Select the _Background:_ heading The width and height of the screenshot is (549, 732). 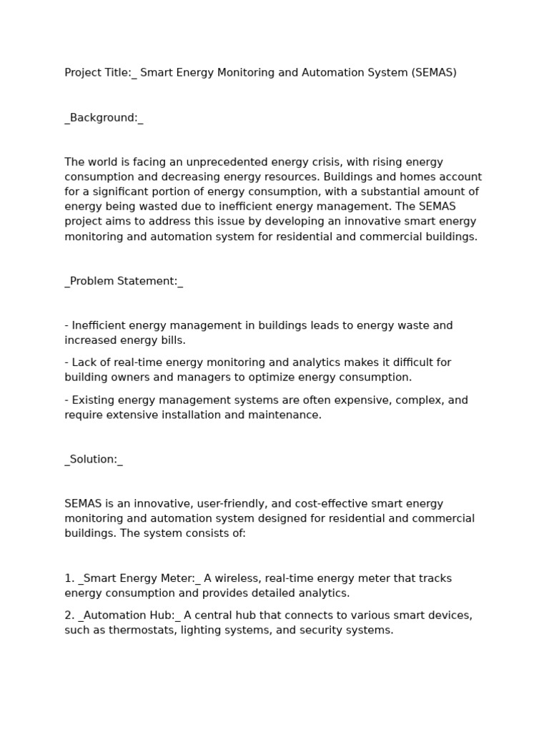[x=104, y=118]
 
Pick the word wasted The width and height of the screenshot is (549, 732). [x=146, y=207]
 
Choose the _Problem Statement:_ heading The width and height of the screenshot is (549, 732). [x=124, y=281]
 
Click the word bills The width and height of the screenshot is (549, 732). [x=172, y=340]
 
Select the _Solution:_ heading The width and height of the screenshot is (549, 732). [x=94, y=460]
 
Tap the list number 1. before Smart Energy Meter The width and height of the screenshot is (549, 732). [x=69, y=578]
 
